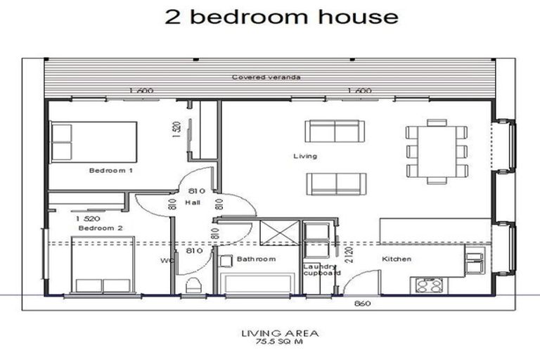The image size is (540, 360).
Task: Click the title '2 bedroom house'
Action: click(281, 17)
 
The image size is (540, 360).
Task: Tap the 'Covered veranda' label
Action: click(266, 77)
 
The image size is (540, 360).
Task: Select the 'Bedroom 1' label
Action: click(111, 170)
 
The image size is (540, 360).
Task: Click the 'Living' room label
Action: click(305, 156)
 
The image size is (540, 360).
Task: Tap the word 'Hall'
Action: click(193, 202)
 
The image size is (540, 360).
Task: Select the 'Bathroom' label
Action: click(256, 259)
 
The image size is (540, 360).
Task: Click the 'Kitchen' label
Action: click(396, 259)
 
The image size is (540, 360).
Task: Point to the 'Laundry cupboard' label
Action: click(322, 270)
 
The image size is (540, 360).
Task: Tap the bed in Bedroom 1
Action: click(94, 141)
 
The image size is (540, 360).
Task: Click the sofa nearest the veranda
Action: click(335, 131)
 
